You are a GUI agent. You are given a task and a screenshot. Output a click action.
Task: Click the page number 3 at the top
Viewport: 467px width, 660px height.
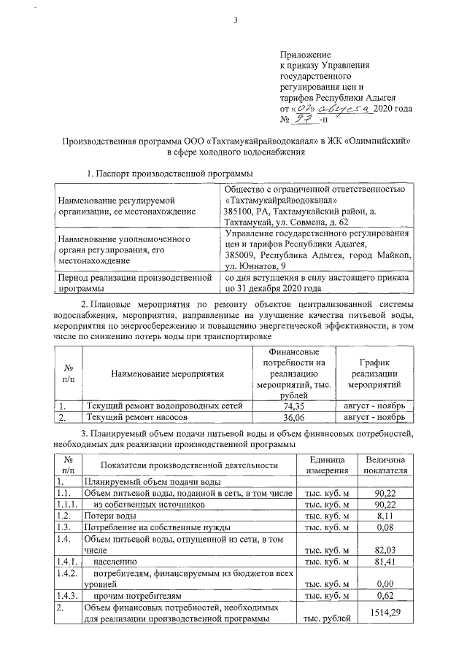[236, 20]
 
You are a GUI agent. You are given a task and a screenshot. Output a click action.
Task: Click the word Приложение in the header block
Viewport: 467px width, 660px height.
[306, 55]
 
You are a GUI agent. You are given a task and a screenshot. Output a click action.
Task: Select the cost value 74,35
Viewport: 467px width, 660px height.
[293, 405]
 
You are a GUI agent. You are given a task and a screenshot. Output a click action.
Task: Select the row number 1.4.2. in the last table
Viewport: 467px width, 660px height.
[66, 574]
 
